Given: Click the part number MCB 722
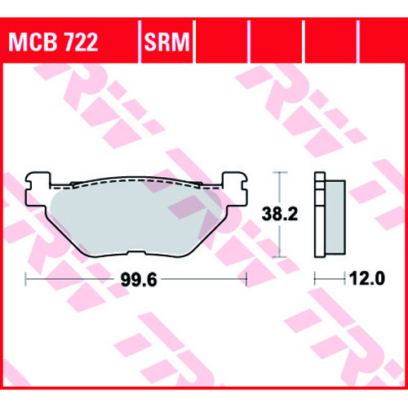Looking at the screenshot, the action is click(x=53, y=42).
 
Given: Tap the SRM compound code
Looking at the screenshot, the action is click(x=166, y=42).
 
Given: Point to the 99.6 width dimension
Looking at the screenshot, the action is click(x=139, y=280).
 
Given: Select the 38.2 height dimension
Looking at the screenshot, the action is click(x=280, y=214).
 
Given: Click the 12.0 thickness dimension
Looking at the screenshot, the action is click(x=367, y=278).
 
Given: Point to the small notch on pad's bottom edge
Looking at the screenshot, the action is click(x=136, y=253).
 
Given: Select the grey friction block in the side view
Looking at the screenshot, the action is click(x=335, y=217).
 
